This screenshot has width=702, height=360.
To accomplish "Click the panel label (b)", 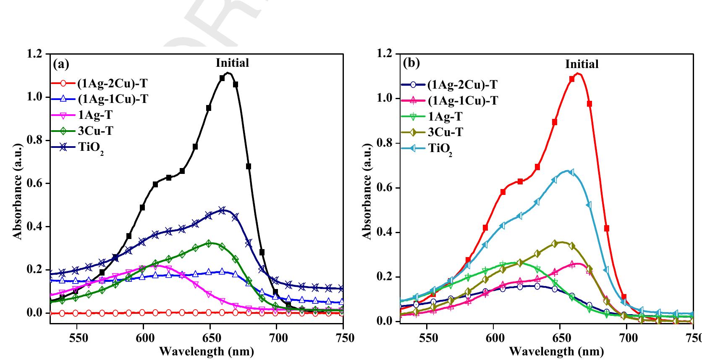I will tap(411, 63).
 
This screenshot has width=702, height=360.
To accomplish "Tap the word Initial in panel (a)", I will tap(232, 63).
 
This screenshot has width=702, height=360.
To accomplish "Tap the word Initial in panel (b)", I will tap(582, 64).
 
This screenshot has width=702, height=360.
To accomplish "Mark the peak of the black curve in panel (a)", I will tap(228, 73).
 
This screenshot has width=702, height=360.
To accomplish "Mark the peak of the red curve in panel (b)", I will tap(578, 74).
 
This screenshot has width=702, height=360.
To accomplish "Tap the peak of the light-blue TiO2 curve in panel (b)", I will tap(568, 171).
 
